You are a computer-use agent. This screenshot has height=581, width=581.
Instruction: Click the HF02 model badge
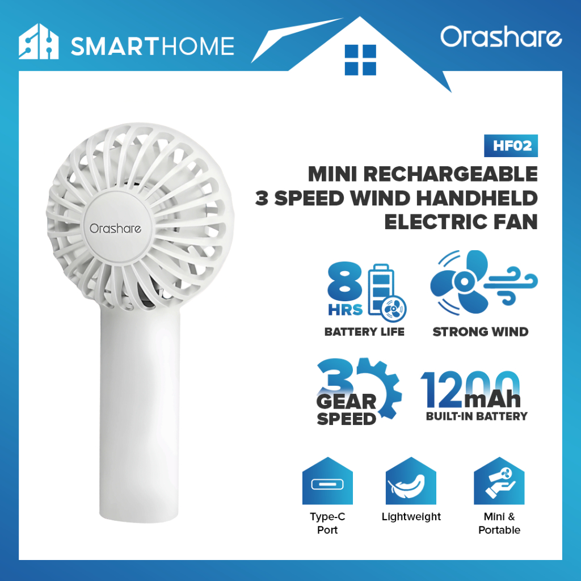click(x=511, y=146)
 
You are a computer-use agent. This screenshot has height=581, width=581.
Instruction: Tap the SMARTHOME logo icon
click(x=39, y=42)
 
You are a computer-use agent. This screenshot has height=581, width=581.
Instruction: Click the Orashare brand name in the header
click(x=501, y=37)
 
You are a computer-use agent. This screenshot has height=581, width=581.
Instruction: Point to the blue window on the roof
click(x=360, y=60)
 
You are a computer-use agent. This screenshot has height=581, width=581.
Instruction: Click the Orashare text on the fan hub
click(x=115, y=229)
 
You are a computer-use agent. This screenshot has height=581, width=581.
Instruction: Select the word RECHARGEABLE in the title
click(x=450, y=174)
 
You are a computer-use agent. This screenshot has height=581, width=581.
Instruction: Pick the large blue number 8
click(x=344, y=281)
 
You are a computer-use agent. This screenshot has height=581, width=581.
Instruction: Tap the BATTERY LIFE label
click(x=364, y=331)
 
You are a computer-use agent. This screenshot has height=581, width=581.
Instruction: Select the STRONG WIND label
click(x=480, y=331)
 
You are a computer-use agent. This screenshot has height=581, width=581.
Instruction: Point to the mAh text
click(x=492, y=399)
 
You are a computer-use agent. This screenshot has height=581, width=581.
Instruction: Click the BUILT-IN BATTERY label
click(x=477, y=416)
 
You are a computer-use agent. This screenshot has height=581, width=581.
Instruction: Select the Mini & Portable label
click(x=499, y=523)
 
